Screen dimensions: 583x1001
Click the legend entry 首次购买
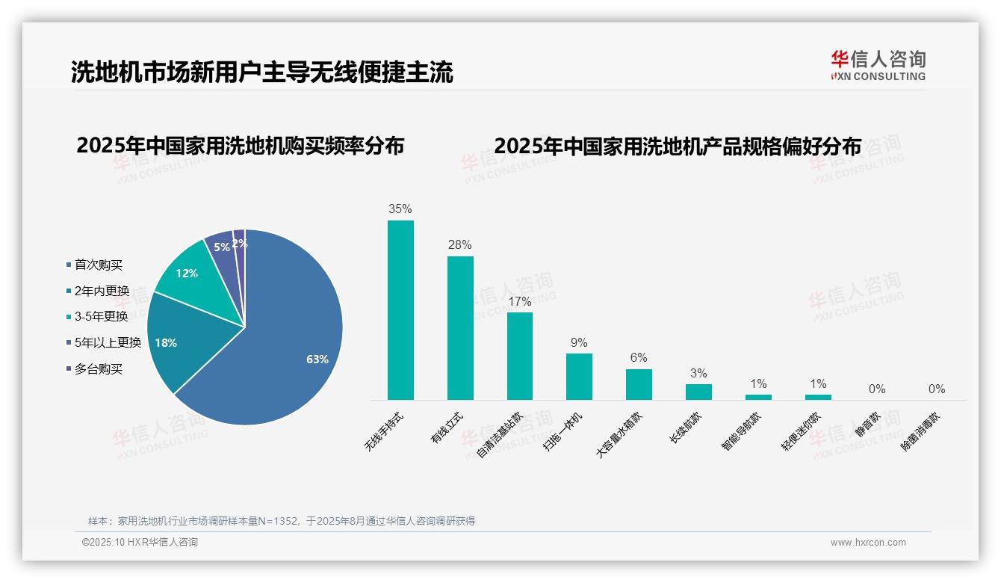coord(98,265)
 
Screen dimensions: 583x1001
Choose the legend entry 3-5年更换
coord(101,316)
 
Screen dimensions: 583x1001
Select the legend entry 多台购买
coord(98,368)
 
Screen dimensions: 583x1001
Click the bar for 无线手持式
coord(400,310)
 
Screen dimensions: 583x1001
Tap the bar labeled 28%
coord(460,328)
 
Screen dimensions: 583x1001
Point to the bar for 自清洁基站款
coord(520,356)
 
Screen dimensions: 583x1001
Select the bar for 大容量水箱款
coord(639,384)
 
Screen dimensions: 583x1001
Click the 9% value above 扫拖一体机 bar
coord(579,342)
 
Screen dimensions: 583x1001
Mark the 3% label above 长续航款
coord(698,374)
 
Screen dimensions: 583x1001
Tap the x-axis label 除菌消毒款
coord(920,433)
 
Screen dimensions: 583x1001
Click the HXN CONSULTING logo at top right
coord(878,65)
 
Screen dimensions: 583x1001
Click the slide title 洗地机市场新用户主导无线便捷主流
coord(261,73)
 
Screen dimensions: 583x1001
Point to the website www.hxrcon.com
coord(868,543)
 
